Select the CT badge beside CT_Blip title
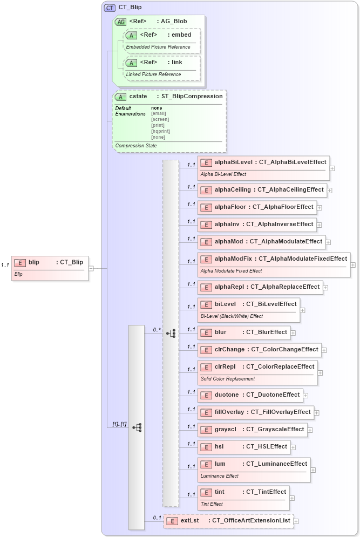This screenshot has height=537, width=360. click(x=110, y=8)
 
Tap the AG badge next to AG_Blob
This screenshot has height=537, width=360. click(x=120, y=22)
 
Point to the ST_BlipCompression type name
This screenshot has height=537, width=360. click(x=192, y=97)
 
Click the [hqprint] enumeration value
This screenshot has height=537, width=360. click(x=160, y=131)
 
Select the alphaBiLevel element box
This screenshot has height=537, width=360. click(x=263, y=167)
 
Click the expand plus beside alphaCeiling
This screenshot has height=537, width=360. click(x=329, y=191)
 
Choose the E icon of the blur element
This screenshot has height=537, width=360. click(x=206, y=332)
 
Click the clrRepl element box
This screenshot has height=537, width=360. click(x=257, y=372)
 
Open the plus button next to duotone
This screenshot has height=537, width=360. click(x=305, y=396)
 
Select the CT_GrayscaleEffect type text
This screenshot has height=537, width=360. click(x=275, y=430)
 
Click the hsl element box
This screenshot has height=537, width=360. click(x=244, y=447)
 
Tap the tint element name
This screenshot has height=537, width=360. click(x=220, y=492)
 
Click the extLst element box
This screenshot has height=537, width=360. click(x=228, y=521)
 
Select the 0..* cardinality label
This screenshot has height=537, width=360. click(x=157, y=329)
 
